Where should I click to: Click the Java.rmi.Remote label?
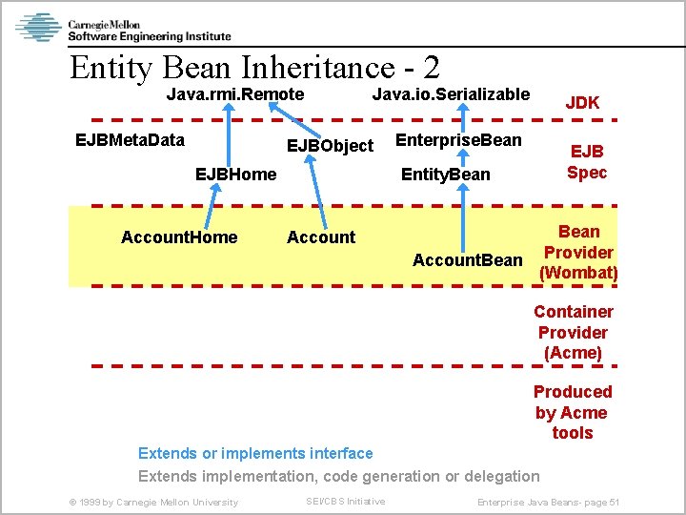click(x=235, y=94)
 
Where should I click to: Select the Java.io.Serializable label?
click(x=451, y=93)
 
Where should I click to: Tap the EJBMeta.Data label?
click(x=130, y=140)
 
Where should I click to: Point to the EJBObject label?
click(x=331, y=146)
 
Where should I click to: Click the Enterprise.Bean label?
click(x=458, y=140)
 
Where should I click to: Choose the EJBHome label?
click(x=235, y=174)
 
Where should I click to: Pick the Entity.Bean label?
click(x=446, y=174)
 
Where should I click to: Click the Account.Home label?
click(x=179, y=237)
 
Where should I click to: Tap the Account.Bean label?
click(x=467, y=259)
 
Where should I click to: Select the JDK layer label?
click(x=582, y=102)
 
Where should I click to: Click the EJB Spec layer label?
click(x=587, y=162)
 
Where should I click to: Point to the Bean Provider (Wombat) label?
click(x=578, y=252)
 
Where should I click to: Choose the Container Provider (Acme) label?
click(x=574, y=332)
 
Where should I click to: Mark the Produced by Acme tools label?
click(x=573, y=412)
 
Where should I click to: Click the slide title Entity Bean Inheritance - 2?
click(x=254, y=67)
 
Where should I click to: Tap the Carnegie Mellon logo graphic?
click(x=38, y=28)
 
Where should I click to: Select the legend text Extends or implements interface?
click(x=255, y=453)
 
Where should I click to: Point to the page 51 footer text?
click(x=548, y=502)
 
